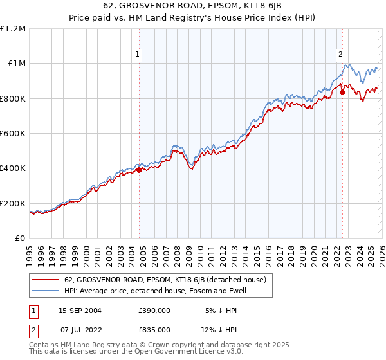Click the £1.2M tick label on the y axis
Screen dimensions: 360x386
click(14, 29)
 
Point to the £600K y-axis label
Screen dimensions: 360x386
click(14, 134)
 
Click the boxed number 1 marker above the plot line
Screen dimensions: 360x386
click(138, 55)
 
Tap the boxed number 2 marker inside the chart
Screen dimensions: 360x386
click(340, 55)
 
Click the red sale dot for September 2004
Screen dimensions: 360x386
click(139, 170)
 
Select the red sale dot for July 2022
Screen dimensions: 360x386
click(342, 93)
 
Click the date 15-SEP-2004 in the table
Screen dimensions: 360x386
click(80, 310)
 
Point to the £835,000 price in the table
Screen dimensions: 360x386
click(154, 329)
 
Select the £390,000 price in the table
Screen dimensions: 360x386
click(154, 310)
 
